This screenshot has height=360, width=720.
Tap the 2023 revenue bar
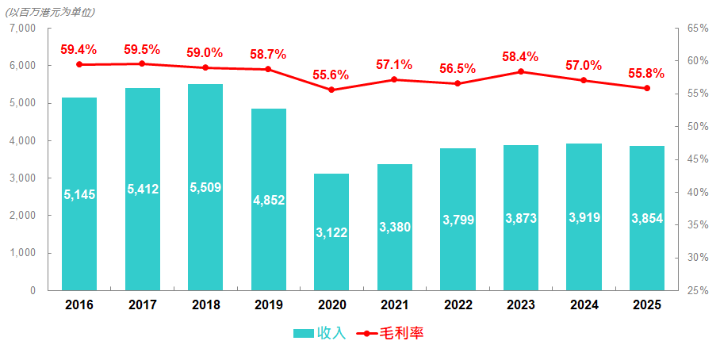tap(521, 217)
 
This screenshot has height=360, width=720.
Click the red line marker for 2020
tap(331, 90)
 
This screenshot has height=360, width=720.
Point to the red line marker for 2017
tap(142, 63)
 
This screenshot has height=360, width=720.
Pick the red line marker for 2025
tap(647, 88)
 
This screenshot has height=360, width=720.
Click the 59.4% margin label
tap(79, 49)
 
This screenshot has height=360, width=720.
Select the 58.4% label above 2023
tap(520, 56)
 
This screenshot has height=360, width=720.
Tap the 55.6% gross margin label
tap(331, 75)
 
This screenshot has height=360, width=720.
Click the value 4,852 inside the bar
tap(268, 200)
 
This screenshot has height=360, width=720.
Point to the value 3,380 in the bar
tap(394, 228)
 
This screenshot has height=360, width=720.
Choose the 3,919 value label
tap(584, 217)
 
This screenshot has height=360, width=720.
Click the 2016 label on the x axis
tap(79, 304)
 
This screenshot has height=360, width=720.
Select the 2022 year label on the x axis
tap(458, 304)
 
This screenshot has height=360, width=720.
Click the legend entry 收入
tap(320, 333)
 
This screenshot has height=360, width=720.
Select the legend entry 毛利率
tap(391, 333)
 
